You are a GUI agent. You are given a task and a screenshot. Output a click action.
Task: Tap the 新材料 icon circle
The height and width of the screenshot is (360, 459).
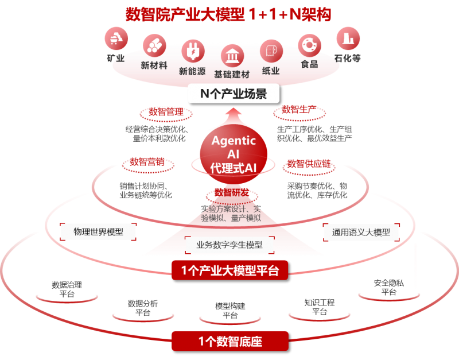point(154,45)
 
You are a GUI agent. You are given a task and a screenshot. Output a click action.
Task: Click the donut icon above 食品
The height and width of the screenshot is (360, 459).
point(309,44)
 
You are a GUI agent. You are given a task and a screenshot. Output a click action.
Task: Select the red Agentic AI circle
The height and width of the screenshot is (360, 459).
point(233,152)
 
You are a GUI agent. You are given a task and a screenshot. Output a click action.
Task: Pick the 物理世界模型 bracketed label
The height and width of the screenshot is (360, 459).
point(98,232)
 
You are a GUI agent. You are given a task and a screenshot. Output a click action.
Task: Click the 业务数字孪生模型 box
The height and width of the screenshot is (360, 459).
point(229,245)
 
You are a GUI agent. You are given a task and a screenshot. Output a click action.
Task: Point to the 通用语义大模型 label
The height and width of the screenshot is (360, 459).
point(361,232)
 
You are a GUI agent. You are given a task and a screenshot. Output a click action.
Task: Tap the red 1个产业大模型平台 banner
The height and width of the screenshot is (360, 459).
point(231,270)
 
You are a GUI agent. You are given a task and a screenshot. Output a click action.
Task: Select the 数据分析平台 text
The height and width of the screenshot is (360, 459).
point(143,308)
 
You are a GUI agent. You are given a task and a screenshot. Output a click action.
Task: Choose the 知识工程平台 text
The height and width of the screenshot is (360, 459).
point(320,307)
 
